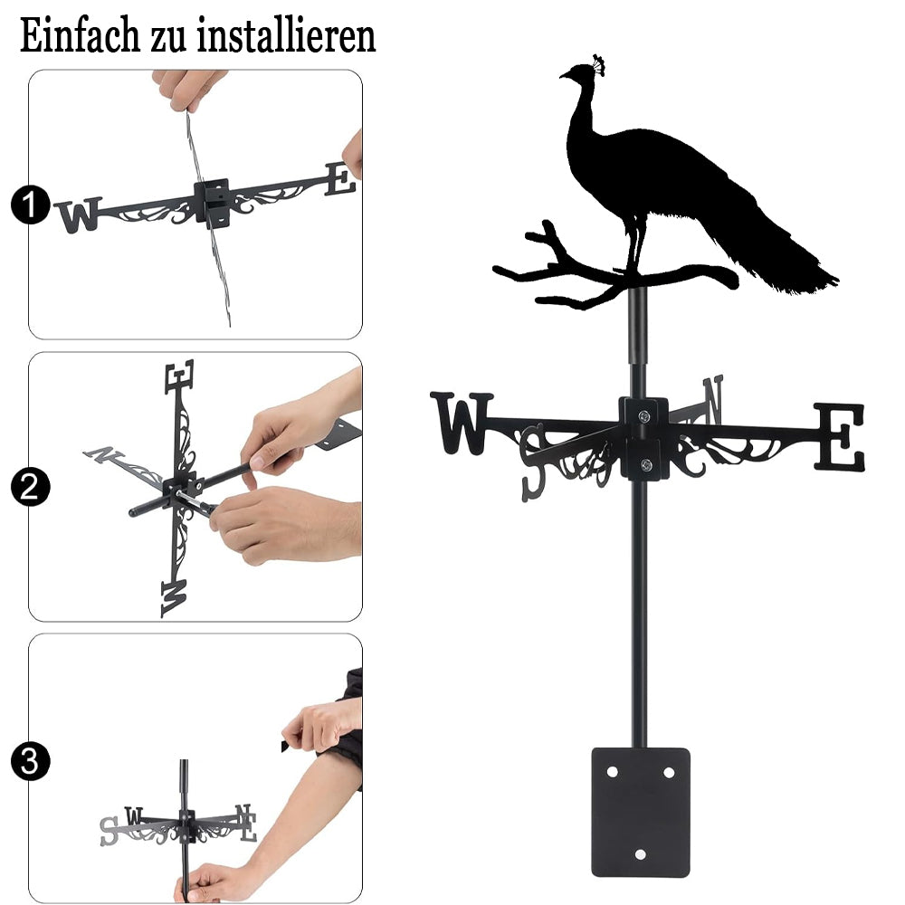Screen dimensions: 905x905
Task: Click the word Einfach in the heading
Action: click(80, 35)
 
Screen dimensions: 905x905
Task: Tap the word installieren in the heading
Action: click(286, 35)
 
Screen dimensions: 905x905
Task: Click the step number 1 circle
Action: click(30, 205)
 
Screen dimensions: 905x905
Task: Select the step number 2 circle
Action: click(30, 487)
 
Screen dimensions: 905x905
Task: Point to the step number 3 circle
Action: click(30, 761)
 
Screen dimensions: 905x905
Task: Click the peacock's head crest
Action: click(598, 64)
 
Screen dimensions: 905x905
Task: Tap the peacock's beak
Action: click(563, 75)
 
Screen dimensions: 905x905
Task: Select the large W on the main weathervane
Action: click(462, 423)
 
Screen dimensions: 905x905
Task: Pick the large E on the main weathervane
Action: click(840, 437)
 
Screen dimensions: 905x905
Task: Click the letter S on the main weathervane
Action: click(533, 462)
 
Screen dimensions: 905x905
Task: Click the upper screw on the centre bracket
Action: click(643, 415)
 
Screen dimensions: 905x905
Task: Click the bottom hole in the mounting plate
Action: click(640, 854)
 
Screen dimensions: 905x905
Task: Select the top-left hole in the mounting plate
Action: click(612, 771)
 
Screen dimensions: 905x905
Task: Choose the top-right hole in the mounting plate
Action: click(669, 772)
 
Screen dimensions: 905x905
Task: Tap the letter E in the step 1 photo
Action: click(340, 178)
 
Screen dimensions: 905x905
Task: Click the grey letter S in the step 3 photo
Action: click(109, 831)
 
